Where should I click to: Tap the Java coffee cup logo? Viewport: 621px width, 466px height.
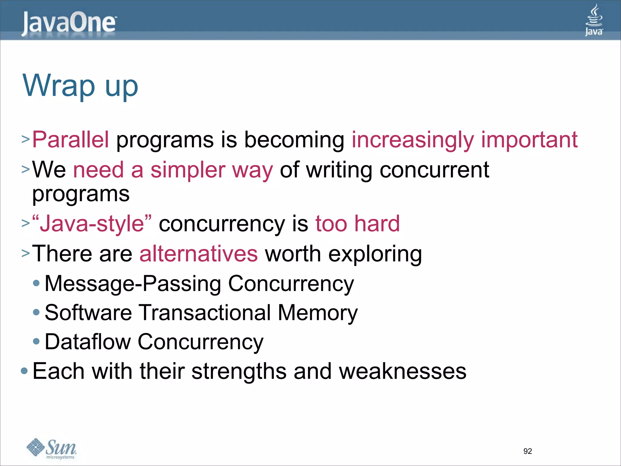594,20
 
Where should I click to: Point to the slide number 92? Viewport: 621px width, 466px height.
528,451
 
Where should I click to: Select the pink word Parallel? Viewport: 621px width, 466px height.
70,140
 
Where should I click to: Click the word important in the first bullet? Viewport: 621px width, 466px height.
529,140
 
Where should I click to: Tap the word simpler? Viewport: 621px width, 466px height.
188,170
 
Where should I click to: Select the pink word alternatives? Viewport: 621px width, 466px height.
199,254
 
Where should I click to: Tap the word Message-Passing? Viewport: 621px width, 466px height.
133,284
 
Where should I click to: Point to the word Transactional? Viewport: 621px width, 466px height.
205,312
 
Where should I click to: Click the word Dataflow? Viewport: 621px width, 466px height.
88,342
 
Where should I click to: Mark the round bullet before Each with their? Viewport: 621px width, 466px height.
24,371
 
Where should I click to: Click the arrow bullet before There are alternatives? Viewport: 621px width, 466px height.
25,253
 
